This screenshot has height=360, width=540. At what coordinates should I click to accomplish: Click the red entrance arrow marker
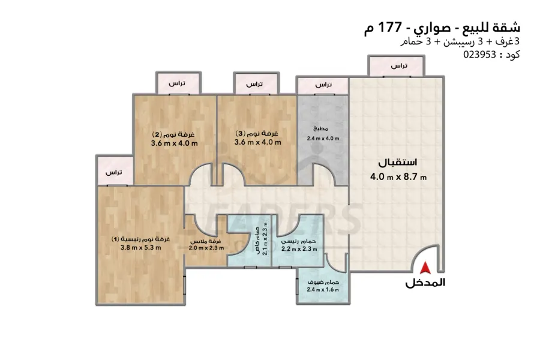[425, 268]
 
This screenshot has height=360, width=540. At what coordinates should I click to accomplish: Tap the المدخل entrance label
[425, 283]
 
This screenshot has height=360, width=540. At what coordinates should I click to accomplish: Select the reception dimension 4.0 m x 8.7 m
[398, 177]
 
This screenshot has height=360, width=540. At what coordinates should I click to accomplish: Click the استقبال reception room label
[398, 162]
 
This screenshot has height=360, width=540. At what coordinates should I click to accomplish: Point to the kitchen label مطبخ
[320, 129]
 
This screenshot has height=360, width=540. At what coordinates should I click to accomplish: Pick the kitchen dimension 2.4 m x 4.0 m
[323, 139]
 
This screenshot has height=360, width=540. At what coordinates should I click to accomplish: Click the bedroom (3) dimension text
[258, 142]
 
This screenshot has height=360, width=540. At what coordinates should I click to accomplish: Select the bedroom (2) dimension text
[174, 143]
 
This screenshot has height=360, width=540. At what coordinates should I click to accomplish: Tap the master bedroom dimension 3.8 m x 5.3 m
[141, 247]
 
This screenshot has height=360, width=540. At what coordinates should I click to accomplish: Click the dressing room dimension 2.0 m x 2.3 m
[206, 248]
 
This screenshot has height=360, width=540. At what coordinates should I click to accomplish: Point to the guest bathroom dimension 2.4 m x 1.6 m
[323, 290]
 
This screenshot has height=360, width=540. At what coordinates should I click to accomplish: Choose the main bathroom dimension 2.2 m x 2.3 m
[299, 249]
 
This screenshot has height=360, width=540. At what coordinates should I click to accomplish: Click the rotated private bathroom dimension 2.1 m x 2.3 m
[265, 238]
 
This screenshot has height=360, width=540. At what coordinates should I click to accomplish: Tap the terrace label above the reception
[399, 65]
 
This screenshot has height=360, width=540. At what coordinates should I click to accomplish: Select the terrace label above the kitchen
[323, 85]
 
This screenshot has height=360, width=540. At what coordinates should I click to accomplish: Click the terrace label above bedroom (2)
[176, 83]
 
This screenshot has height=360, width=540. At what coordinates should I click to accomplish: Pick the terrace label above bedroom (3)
[254, 84]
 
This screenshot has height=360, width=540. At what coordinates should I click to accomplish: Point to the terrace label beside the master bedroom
[113, 172]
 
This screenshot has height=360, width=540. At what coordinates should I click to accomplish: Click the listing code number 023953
[479, 55]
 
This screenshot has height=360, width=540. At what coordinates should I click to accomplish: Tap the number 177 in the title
[390, 27]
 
